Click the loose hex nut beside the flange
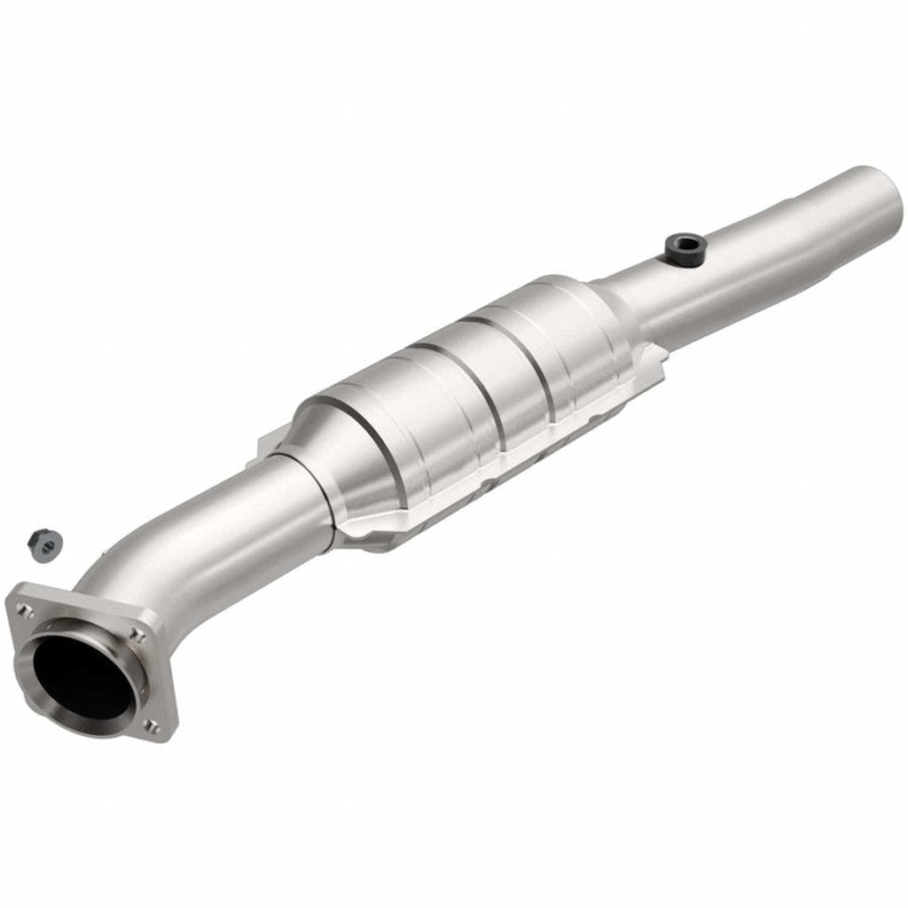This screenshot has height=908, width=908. [41, 542]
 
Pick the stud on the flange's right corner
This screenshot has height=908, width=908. [137, 633]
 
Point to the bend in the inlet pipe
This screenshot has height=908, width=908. [146, 567]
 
